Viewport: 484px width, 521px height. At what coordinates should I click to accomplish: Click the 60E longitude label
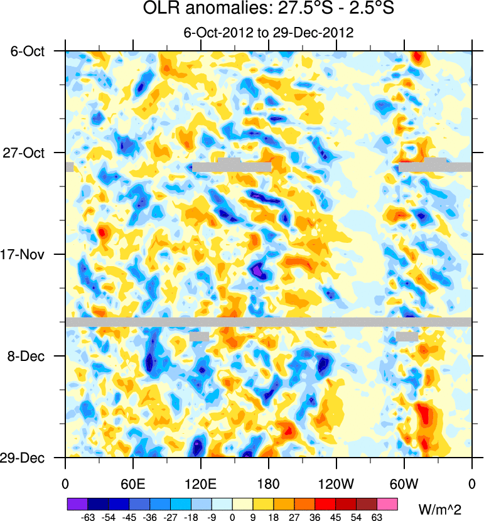coord(133,484)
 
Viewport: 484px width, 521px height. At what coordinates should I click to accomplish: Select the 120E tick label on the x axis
coord(201,484)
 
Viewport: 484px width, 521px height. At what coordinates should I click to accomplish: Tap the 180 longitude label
coord(269,484)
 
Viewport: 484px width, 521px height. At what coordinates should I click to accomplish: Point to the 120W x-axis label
coord(336,484)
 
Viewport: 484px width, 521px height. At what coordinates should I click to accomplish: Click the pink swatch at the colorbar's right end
coord(387,504)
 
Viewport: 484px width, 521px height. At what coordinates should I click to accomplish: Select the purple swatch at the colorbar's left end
coord(77,504)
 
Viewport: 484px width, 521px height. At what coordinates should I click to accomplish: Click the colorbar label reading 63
coord(377,517)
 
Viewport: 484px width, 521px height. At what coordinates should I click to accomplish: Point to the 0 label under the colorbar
coord(232,517)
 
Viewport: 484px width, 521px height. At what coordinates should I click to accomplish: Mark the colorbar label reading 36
coord(315,517)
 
